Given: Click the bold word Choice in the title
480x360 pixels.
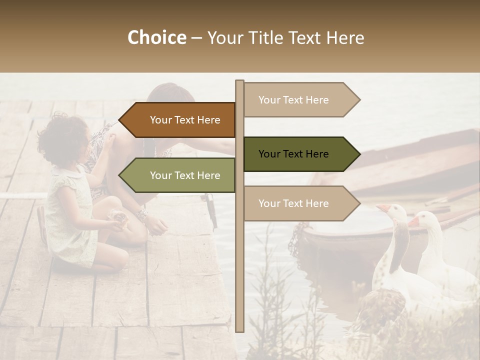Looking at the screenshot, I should pos(156,37).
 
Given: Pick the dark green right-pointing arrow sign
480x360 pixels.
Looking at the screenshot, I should pos(297,154).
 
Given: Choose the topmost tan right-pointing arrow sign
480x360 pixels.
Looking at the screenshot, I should pos(297,99).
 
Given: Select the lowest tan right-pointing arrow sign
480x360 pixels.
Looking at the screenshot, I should pos(297,203).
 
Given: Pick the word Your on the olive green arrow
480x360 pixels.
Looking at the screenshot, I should pos(160,175).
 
